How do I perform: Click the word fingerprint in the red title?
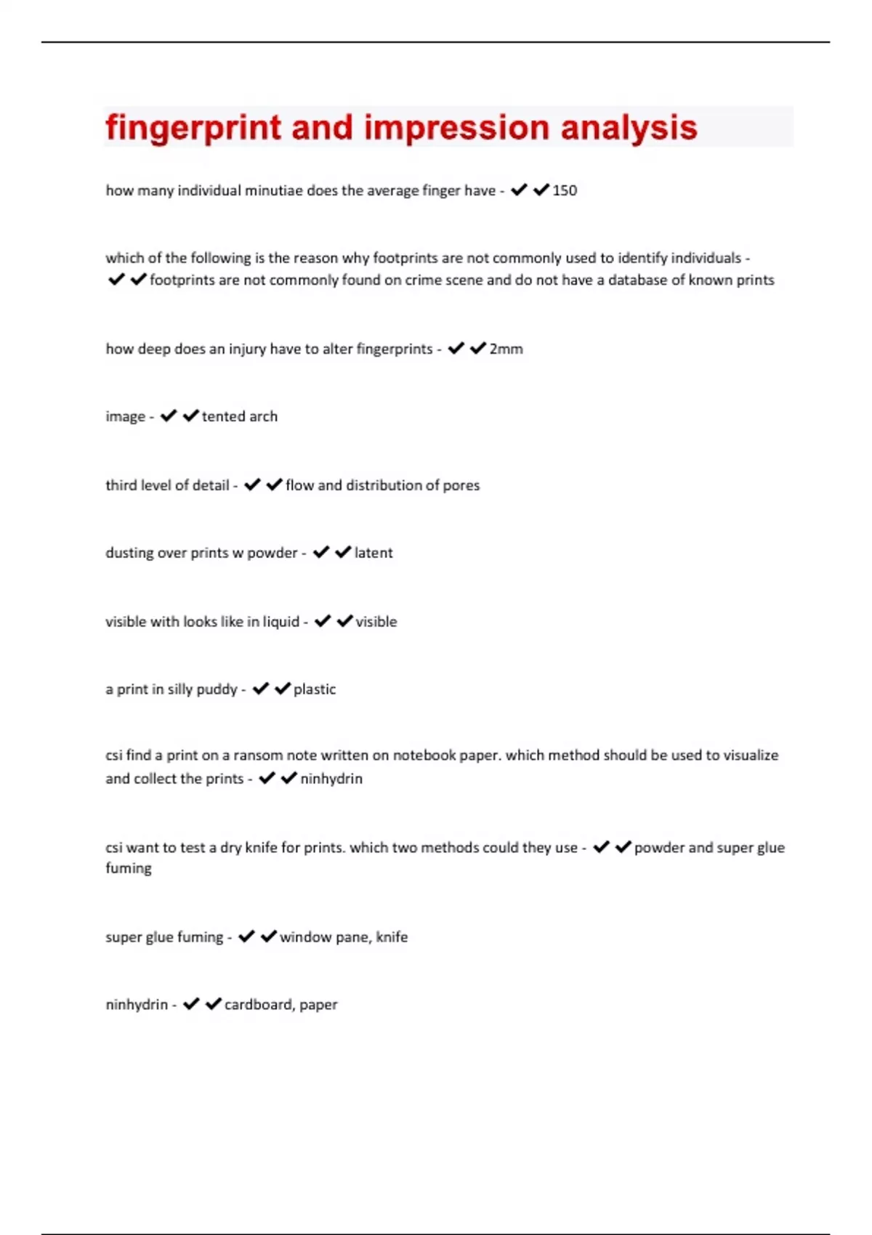[x=193, y=128]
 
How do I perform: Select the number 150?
[x=565, y=190]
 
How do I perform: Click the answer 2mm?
[x=506, y=349]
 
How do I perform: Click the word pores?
[x=461, y=485]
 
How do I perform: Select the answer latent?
[x=374, y=553]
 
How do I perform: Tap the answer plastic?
[x=315, y=689]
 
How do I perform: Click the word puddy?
[x=217, y=689]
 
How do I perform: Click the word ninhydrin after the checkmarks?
[x=331, y=779]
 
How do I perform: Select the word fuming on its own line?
[x=129, y=868]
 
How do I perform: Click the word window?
[x=305, y=937]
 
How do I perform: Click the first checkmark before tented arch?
[x=169, y=416]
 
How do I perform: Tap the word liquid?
[x=281, y=622]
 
